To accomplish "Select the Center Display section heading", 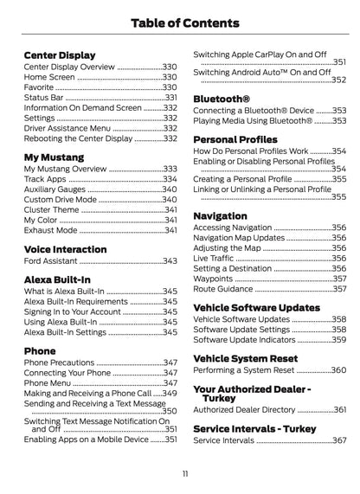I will tap(60, 55).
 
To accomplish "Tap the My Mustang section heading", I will tap(54, 157).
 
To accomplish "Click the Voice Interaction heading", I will tap(66, 249).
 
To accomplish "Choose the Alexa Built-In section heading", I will tap(57, 280).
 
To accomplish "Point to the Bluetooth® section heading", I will tap(222, 99).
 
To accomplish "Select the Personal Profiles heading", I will tap(235, 138).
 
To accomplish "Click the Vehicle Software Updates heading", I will tap(256, 307).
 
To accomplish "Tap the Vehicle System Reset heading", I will tap(245, 358).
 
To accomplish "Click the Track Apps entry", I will tap(45, 179).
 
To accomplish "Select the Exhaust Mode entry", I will tap(51, 231).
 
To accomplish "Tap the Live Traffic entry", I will tap(215, 258).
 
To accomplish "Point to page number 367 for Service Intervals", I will tap(339, 440).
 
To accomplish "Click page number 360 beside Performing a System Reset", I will tap(339, 370).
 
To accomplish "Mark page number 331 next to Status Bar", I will tap(170, 98).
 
